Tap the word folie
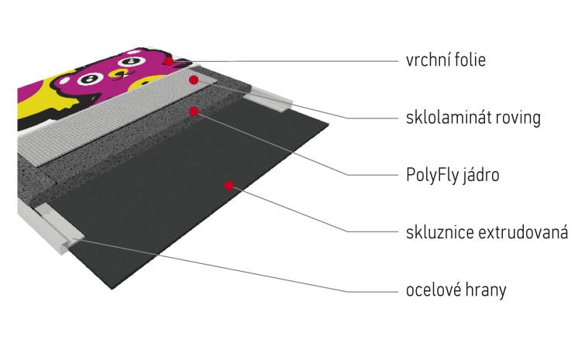[x=470, y=60]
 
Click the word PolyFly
[x=433, y=175]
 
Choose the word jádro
[x=481, y=175]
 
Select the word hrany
[x=484, y=291]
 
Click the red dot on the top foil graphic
[x=169, y=61]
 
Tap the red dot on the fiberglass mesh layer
[x=193, y=80]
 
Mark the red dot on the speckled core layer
[x=193, y=111]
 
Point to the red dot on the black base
[x=229, y=185]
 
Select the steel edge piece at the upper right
[x=270, y=99]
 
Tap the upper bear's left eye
[x=131, y=60]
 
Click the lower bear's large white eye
[x=91, y=78]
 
